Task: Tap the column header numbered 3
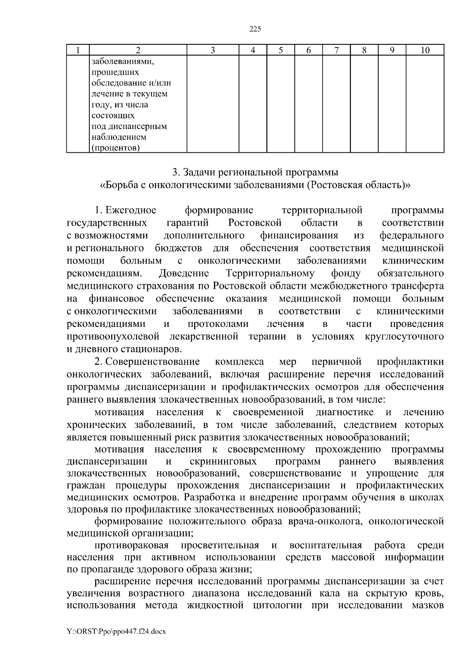point(212,50)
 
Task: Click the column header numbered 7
point(336,50)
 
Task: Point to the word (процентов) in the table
point(116,148)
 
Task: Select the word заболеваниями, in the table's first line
point(120,61)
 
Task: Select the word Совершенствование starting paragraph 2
point(153,362)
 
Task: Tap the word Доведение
point(184,274)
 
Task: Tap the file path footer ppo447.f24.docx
point(116,632)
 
